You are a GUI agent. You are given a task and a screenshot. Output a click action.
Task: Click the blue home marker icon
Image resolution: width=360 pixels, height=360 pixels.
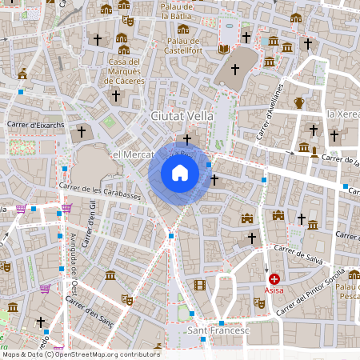[x=180, y=173]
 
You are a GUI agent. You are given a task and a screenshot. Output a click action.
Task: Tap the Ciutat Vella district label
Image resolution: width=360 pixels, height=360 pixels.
[x=182, y=116]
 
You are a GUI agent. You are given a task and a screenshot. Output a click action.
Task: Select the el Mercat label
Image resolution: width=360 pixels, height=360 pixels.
[x=127, y=154]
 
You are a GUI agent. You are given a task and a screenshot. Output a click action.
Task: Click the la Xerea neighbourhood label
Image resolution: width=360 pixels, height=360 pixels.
[x=342, y=115]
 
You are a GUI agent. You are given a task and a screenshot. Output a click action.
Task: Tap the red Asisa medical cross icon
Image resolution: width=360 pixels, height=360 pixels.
[x=274, y=279]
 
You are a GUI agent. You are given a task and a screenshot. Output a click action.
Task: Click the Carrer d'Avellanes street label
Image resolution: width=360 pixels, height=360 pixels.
[x=270, y=113]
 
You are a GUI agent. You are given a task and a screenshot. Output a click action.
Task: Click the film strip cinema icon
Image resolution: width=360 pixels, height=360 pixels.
[x=199, y=285]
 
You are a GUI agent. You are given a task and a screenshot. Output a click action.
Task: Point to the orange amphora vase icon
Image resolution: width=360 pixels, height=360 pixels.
[x=299, y=102]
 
